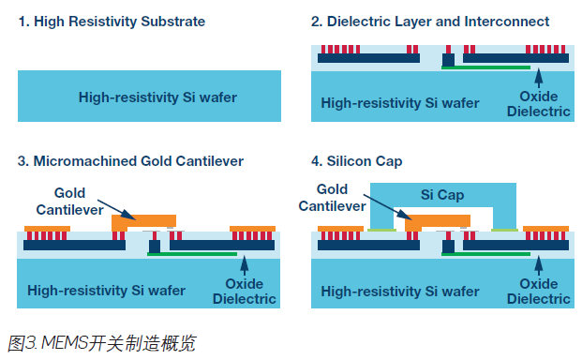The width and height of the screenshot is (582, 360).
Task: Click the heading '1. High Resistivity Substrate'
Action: tap(112, 22)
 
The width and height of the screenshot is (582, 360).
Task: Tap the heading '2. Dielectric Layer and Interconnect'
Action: tap(430, 22)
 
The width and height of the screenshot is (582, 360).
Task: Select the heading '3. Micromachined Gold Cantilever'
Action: tap(130, 161)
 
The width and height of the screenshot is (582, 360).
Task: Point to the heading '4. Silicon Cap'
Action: tap(357, 161)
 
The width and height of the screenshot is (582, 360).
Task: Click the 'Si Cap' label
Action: tap(442, 194)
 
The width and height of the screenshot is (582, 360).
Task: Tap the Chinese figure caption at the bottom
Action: tap(101, 343)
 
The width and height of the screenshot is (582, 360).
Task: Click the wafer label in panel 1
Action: tap(157, 97)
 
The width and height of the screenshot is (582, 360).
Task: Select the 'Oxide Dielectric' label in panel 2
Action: tap(539, 104)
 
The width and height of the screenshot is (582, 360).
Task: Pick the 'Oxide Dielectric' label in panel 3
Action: tap(245, 292)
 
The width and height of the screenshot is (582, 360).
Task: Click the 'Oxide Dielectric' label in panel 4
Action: tap(539, 292)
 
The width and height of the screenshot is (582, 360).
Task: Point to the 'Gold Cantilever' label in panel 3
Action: tap(69, 202)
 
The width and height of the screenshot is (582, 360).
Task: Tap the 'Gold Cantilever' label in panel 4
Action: tap(332, 198)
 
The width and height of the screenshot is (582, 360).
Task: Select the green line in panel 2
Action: tap(485, 67)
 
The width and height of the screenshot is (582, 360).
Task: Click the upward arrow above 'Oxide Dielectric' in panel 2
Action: tap(539, 78)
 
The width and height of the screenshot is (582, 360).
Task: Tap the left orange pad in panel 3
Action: tap(47, 229)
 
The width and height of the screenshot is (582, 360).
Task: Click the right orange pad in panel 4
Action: tap(545, 229)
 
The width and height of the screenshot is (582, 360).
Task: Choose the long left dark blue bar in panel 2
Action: tap(368, 58)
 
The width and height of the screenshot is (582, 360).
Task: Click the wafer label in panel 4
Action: tap(400, 292)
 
